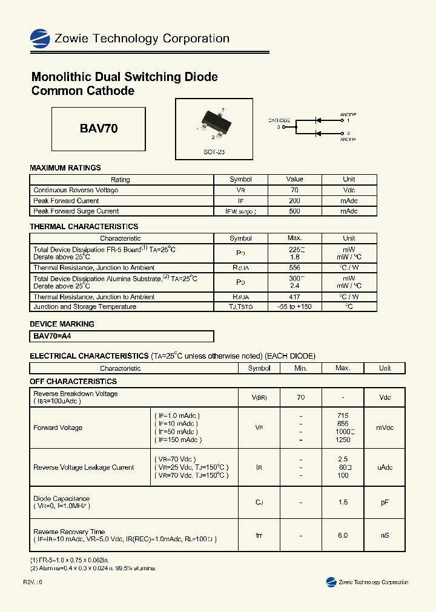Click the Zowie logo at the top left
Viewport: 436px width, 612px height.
coord(40,39)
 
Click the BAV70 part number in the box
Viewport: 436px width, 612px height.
coord(99,129)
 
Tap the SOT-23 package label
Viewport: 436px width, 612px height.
coord(214,152)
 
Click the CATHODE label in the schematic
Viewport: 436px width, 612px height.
coord(279,120)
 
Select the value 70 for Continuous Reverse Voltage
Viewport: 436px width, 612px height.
coord(294,190)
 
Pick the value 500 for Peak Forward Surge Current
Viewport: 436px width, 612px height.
coord(294,211)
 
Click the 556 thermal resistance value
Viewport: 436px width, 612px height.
coord(294,267)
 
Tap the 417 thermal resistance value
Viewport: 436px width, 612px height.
coord(294,297)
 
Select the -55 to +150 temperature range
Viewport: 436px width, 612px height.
coord(294,307)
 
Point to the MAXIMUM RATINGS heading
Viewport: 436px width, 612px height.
coord(65,168)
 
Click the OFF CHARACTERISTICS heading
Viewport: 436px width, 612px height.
coord(73,382)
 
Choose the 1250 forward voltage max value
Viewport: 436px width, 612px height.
coord(343,440)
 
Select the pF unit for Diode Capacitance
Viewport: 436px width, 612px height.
coord(385,502)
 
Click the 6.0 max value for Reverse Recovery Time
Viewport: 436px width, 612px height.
coord(343,535)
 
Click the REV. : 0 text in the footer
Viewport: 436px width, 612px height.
coord(33,582)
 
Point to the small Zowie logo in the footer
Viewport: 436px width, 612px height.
coord(331,582)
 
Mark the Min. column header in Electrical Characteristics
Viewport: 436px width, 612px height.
coord(301,368)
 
